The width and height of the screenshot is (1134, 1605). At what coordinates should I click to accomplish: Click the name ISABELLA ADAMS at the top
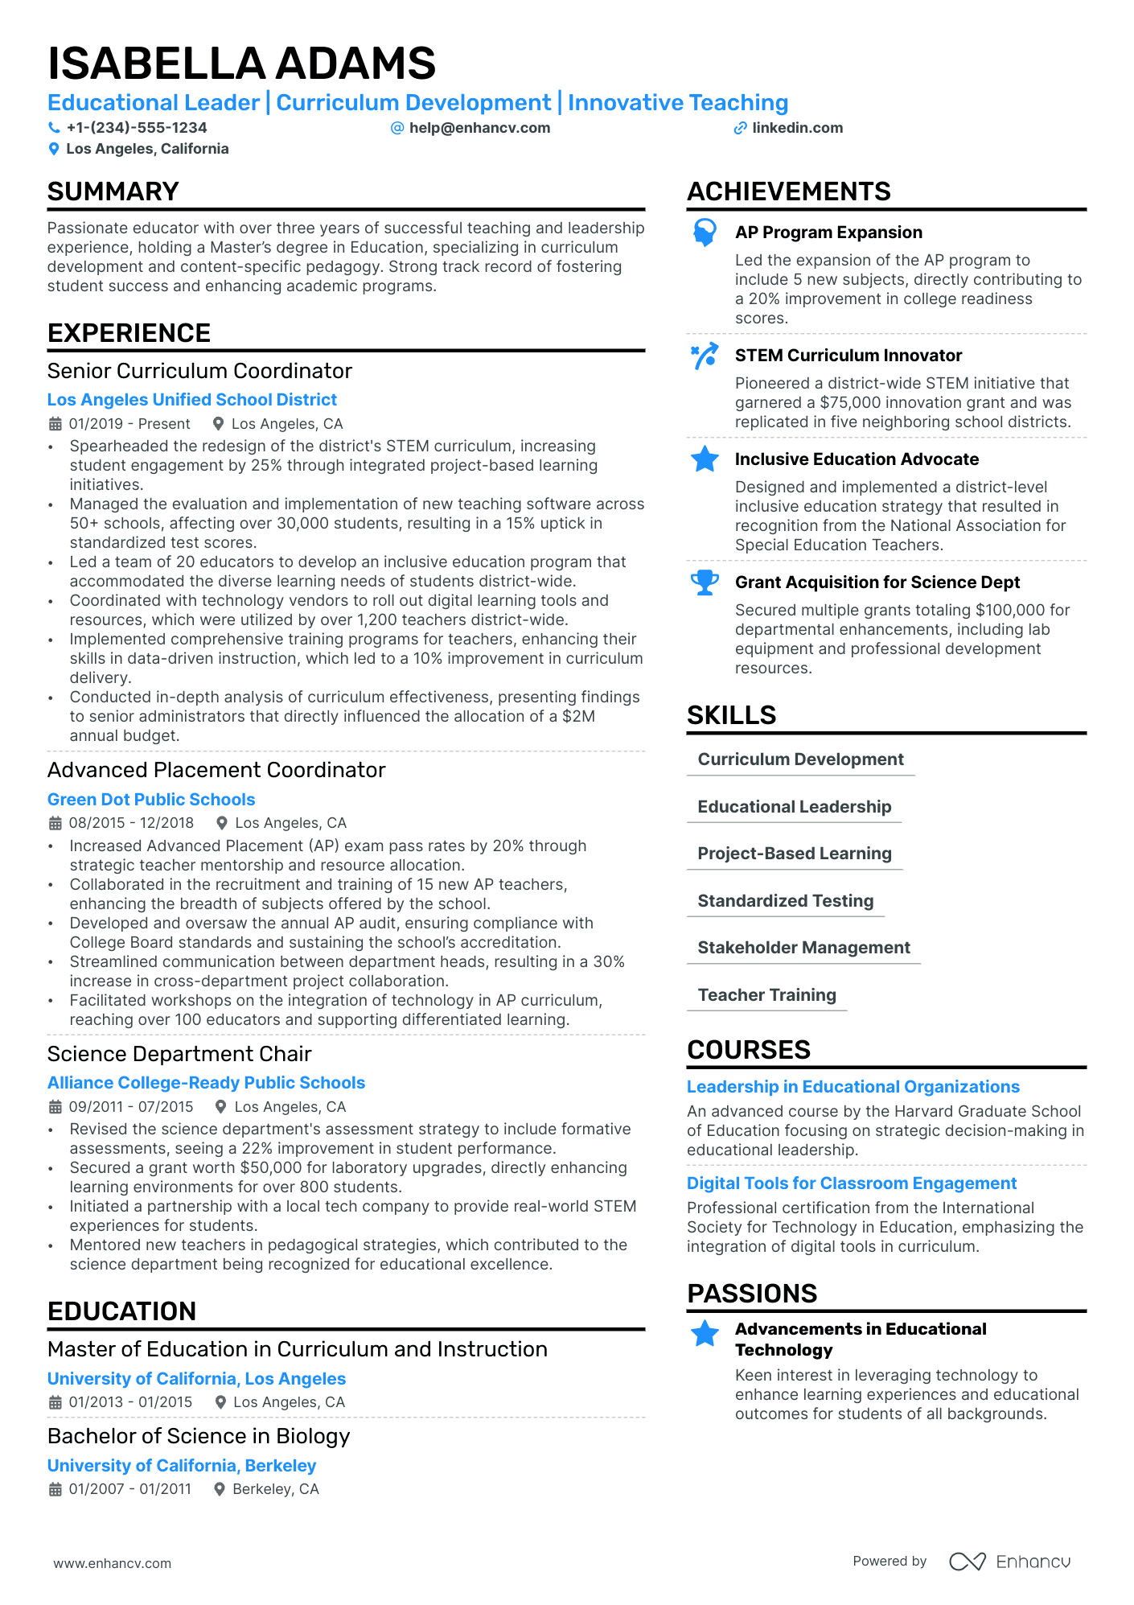point(241,64)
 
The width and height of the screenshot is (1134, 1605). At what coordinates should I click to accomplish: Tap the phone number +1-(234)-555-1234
point(136,128)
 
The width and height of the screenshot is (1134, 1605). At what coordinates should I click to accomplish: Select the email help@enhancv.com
point(479,128)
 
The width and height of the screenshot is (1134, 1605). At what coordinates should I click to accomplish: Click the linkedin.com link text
point(797,128)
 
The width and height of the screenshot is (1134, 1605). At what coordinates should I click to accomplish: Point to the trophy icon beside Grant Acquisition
point(705,582)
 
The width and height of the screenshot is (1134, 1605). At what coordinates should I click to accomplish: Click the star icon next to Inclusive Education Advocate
point(705,459)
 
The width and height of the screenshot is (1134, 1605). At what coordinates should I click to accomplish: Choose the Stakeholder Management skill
point(803,948)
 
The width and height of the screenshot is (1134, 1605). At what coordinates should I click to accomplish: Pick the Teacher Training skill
point(766,995)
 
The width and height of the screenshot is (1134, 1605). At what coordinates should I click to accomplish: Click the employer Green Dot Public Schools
point(151,800)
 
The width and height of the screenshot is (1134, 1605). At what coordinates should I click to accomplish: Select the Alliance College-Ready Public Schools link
point(206,1083)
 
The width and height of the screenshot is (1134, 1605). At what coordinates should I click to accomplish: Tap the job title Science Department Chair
point(179,1054)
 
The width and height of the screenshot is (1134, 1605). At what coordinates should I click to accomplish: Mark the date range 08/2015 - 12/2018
point(131,823)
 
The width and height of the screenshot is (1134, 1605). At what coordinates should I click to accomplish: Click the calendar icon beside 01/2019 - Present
point(55,424)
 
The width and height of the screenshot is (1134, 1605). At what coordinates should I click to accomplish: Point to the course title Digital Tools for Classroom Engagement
point(852,1183)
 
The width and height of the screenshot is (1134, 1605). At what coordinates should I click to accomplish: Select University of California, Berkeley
point(182,1466)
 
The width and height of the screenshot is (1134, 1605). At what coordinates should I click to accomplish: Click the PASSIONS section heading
point(752,1294)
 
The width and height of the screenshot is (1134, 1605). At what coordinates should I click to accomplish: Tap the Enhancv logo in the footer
point(1009,1562)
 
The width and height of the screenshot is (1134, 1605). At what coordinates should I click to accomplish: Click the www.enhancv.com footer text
point(113,1563)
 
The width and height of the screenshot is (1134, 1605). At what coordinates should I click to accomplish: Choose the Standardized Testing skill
point(785,901)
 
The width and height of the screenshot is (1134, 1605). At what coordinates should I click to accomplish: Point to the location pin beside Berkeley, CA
point(220,1489)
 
